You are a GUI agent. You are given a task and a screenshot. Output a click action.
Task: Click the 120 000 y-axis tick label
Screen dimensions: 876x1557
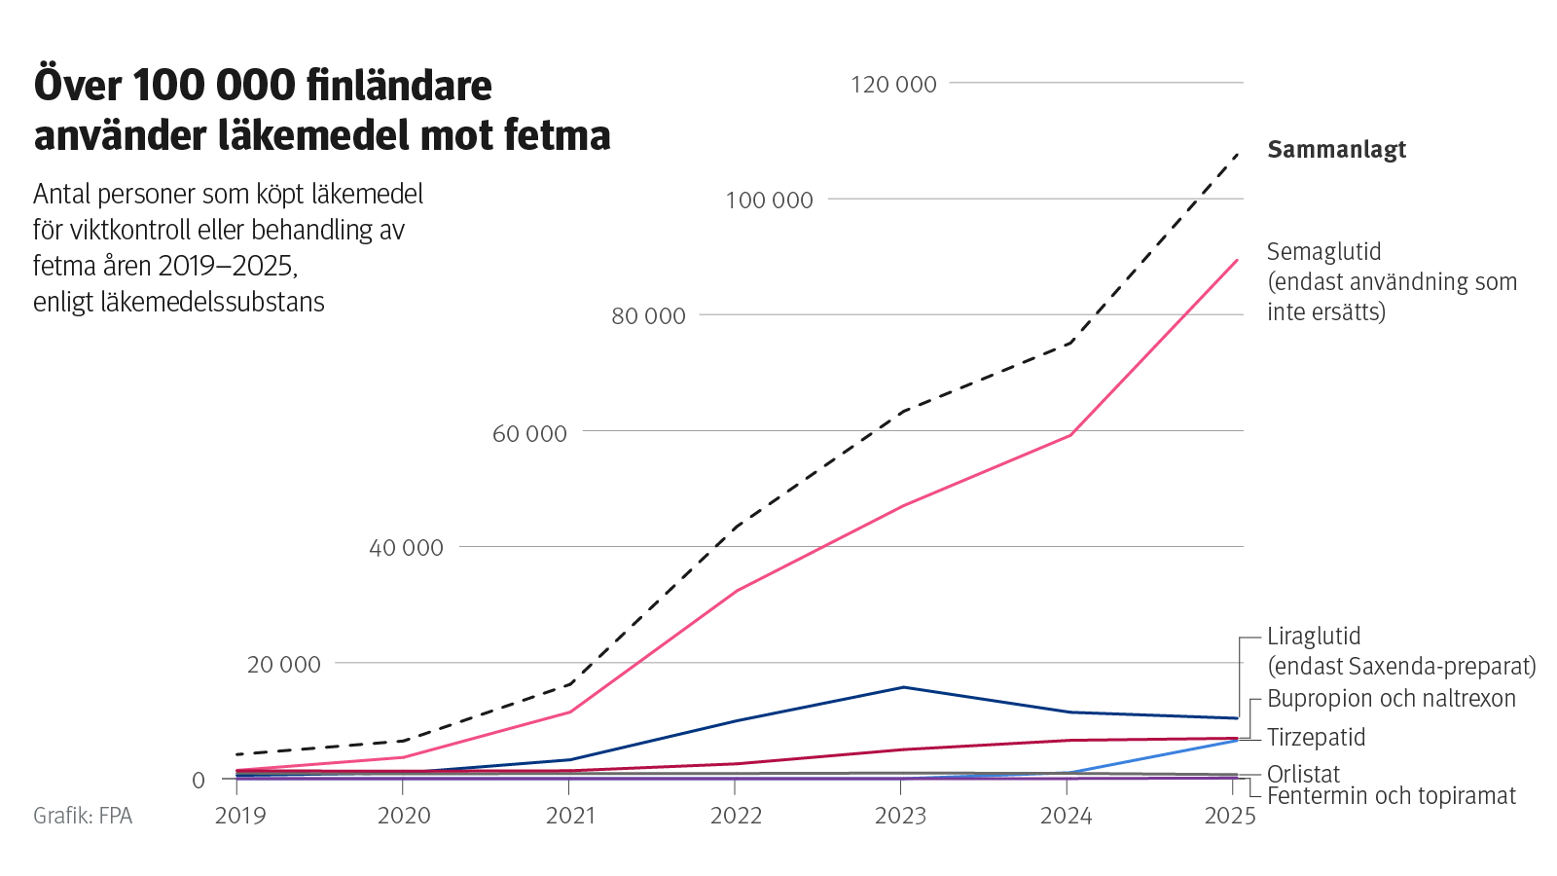click(892, 85)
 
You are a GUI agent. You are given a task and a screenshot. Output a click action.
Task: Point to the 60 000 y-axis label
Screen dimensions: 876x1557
click(528, 433)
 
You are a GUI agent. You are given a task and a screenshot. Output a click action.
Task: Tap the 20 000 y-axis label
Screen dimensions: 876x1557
click(283, 665)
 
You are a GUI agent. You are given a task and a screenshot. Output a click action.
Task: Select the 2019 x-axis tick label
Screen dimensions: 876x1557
click(239, 816)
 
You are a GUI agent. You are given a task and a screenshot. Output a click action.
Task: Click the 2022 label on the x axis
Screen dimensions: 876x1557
click(736, 816)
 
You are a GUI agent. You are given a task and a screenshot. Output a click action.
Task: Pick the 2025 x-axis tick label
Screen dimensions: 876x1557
click(1230, 816)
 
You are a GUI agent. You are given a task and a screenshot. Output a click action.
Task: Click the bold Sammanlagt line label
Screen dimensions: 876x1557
click(1336, 150)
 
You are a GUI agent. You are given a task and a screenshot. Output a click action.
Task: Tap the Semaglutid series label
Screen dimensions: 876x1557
click(1323, 252)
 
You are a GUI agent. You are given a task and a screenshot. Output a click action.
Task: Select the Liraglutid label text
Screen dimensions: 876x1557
click(1313, 637)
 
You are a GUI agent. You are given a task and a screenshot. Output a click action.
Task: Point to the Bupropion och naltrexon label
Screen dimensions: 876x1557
click(1391, 699)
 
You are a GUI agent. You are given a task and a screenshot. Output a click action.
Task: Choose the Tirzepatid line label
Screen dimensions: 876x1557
click(1316, 738)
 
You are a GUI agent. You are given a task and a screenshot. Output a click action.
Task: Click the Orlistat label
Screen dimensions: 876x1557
click(1303, 775)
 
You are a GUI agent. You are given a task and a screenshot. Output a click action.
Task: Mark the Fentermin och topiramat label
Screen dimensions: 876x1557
click(1391, 796)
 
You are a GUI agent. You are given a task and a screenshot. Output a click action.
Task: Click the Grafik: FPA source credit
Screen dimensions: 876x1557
click(83, 816)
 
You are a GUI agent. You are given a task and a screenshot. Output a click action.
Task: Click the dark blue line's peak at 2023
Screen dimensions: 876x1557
click(904, 687)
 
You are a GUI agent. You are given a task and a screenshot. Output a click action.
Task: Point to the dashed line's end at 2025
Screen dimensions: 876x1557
click(1237, 154)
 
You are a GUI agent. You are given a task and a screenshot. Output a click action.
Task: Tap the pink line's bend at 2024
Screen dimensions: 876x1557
click(1070, 435)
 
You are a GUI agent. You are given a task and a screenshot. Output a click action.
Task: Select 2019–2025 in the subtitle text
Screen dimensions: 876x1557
click(227, 266)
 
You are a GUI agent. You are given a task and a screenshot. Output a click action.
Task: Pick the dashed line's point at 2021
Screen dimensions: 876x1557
click(571, 683)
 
